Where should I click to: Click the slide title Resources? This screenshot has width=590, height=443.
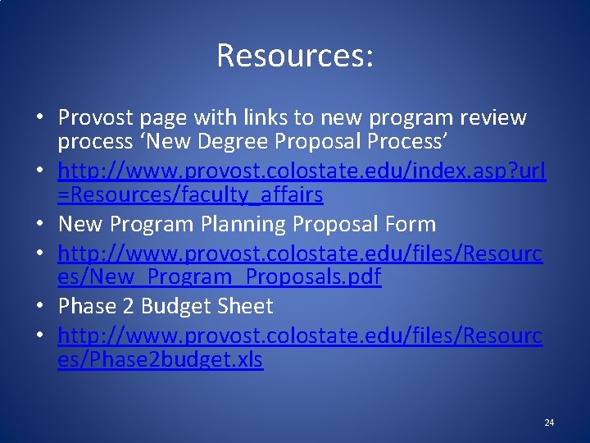tap(295, 56)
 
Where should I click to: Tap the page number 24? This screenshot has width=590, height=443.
tap(549, 422)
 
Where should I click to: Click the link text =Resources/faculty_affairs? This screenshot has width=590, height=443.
tap(190, 194)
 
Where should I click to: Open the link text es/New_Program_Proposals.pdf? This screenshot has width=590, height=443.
tap(219, 276)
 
